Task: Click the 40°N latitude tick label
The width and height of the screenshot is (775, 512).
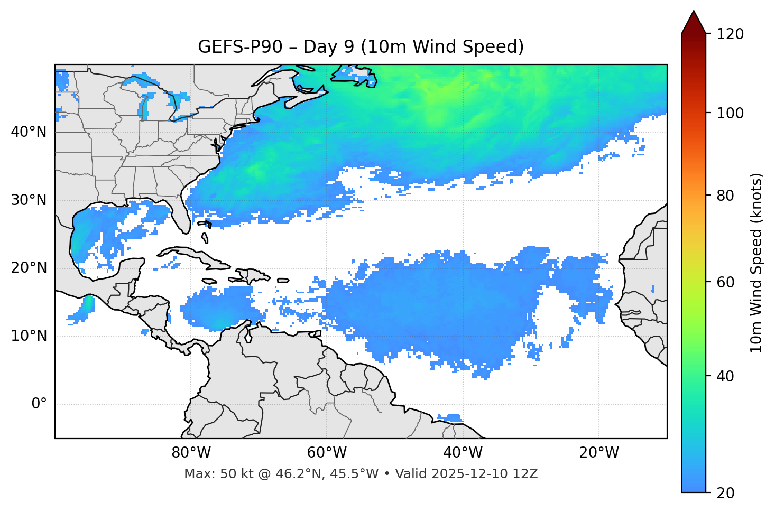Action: pyautogui.click(x=29, y=132)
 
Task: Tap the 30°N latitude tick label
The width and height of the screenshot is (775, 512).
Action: pyautogui.click(x=29, y=200)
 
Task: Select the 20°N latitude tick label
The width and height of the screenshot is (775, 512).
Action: pyautogui.click(x=29, y=268)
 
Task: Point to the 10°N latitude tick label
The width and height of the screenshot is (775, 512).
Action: pyautogui.click(x=29, y=336)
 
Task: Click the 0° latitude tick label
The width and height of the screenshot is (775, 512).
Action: pyautogui.click(x=39, y=404)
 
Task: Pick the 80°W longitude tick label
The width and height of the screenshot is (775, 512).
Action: pyautogui.click(x=191, y=453)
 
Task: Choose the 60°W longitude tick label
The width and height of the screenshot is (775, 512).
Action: pyautogui.click(x=327, y=453)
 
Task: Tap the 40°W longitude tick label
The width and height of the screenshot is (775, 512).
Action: pyautogui.click(x=463, y=453)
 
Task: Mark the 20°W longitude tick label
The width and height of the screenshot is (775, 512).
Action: pyautogui.click(x=598, y=453)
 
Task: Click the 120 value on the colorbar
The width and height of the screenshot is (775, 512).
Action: pyautogui.click(x=730, y=34)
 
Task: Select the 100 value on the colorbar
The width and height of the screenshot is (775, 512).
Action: pyautogui.click(x=730, y=113)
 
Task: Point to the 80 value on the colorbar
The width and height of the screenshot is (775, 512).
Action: pyautogui.click(x=724, y=196)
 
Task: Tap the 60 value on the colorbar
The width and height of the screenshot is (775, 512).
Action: pyautogui.click(x=724, y=282)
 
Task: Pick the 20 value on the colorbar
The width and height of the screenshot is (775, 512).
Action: pyautogui.click(x=724, y=493)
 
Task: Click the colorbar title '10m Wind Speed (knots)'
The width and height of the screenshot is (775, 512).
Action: pyautogui.click(x=756, y=263)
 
